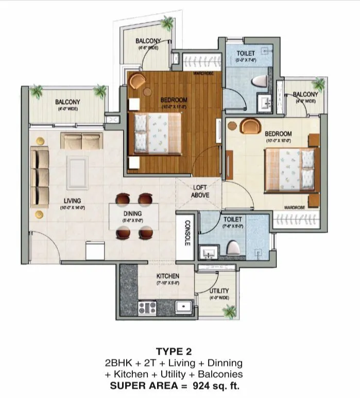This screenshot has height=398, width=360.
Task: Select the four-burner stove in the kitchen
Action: (x=148, y=308)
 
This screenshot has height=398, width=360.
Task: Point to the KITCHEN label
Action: (x=168, y=276)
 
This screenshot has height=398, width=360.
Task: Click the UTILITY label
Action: (x=219, y=291)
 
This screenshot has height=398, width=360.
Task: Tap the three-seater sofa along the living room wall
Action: (x=40, y=176)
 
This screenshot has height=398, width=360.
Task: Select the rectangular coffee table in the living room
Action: (x=77, y=173)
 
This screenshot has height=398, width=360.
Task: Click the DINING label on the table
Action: (x=133, y=213)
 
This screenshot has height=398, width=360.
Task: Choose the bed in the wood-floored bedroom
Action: (x=158, y=134)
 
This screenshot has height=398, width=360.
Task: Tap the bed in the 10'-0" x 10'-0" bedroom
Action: (x=289, y=170)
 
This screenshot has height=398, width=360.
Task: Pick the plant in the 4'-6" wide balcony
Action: (x=167, y=23)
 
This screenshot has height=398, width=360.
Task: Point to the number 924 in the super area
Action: (x=208, y=384)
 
